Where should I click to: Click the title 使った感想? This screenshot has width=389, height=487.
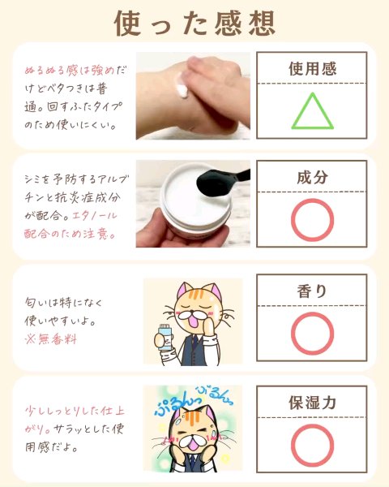point(194,24)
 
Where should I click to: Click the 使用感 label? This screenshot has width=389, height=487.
point(312,69)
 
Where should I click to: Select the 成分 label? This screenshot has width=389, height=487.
point(312,177)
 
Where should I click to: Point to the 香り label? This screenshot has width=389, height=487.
point(312,291)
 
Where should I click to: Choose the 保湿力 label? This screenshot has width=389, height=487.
point(312,403)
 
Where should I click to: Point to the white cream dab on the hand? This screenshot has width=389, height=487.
point(181,88)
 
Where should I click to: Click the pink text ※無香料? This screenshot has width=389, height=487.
point(50,339)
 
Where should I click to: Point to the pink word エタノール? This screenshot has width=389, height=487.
point(95,215)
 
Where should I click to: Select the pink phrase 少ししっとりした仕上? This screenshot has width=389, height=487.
point(75,411)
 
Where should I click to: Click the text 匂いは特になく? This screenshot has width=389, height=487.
point(63,303)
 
